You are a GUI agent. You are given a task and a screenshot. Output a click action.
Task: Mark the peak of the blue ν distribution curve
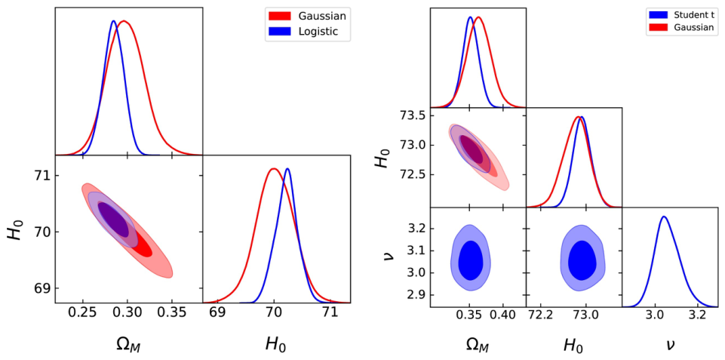click(x=664, y=216)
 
